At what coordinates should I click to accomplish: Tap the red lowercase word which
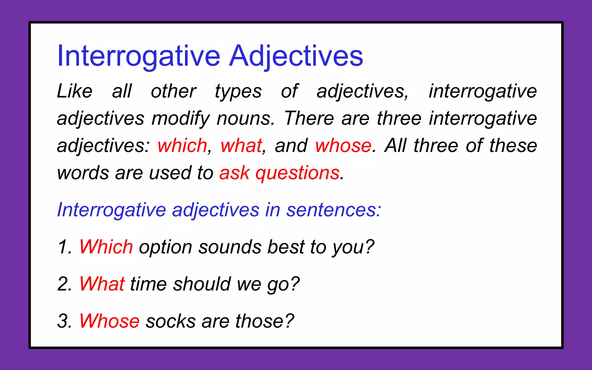coord(182,145)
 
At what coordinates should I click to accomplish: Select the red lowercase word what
coord(241,145)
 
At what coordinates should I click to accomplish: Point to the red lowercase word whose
coord(343,145)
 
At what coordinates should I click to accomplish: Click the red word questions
coord(297,173)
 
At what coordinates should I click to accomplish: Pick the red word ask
coord(234,173)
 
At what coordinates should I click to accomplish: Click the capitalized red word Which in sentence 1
coord(106,247)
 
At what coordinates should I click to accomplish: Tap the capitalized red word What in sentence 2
coord(102,284)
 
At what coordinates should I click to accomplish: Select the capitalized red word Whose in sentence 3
coord(109,321)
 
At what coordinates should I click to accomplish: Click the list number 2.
coord(64,284)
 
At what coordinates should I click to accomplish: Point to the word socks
coord(171,321)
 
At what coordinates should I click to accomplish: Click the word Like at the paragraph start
coord(75,91)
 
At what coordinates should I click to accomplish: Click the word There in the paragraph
coord(309,119)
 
